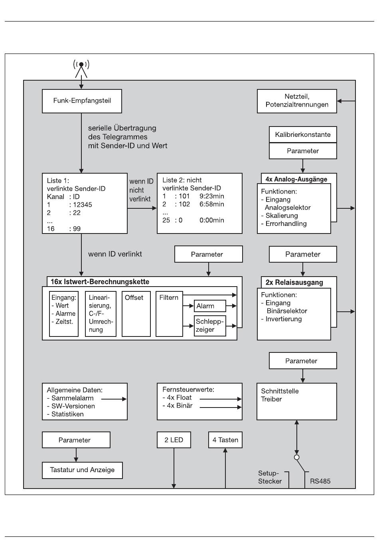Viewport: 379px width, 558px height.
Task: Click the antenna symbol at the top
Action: [x=81, y=69]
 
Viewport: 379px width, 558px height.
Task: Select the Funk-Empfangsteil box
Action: [x=82, y=101]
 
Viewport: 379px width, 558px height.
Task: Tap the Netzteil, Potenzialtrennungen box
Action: [x=297, y=101]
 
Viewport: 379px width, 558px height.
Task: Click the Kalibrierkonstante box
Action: [x=303, y=135]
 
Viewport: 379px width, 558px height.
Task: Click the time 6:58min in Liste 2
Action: [x=212, y=204]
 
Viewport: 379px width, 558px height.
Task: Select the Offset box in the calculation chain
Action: [x=136, y=314]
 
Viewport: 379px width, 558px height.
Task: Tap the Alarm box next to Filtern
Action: [x=210, y=306]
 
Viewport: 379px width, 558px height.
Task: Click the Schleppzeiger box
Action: [x=210, y=326]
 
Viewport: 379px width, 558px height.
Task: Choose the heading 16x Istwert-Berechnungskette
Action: [x=100, y=282]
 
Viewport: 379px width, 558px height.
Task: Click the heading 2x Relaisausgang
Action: [x=294, y=283]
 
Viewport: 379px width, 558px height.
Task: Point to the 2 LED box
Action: [x=174, y=440]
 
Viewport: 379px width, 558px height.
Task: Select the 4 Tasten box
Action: [x=225, y=440]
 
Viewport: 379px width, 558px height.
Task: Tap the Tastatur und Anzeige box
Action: [x=82, y=470]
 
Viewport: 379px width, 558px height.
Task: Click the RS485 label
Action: [x=320, y=481]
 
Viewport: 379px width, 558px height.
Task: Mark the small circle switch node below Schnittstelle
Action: [x=296, y=457]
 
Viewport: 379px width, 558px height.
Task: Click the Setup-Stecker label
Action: [x=270, y=477]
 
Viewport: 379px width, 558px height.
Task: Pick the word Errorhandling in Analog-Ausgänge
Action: [x=286, y=224]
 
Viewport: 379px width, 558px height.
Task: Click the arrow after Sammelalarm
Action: [x=114, y=399]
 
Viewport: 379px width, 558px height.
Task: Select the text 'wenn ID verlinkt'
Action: [x=115, y=254]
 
